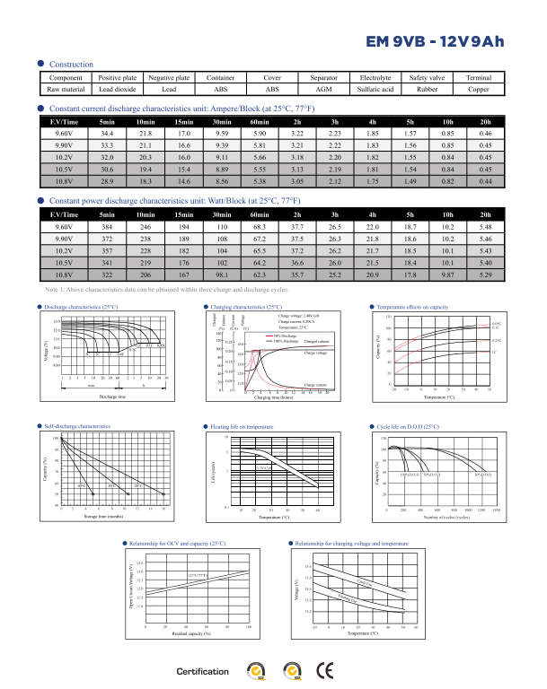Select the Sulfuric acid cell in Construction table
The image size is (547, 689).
tap(375, 90)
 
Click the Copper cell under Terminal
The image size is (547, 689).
tap(479, 90)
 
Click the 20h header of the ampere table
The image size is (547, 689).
tap(486, 121)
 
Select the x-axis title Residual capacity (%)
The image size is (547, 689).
tap(190, 634)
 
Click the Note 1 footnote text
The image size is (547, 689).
tap(166, 290)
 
